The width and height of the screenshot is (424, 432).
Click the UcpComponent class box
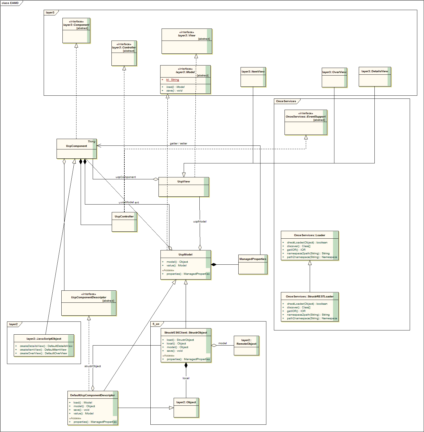(x=76, y=149)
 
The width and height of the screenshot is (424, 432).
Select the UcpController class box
(x=124, y=222)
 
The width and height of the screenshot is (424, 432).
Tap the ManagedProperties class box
(x=253, y=264)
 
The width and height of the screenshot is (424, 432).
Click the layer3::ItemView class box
(x=253, y=77)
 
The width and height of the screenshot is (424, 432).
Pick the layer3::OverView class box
(x=334, y=78)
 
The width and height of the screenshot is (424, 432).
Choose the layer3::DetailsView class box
(x=375, y=77)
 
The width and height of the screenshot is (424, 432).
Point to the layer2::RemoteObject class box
(x=246, y=346)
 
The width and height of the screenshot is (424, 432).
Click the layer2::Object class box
(x=186, y=408)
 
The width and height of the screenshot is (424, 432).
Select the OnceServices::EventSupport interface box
(x=306, y=122)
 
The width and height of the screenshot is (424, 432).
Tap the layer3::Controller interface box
(x=124, y=53)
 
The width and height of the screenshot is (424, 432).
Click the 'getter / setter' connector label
(x=178, y=144)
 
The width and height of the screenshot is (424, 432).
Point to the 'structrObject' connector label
(x=93, y=366)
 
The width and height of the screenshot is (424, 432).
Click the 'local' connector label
(x=186, y=378)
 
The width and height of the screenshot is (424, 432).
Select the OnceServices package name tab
(x=286, y=101)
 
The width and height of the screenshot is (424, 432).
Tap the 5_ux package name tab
(x=156, y=324)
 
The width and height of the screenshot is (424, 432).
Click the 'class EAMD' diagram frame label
(x=10, y=3)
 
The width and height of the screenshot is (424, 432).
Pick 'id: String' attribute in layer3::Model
(x=172, y=80)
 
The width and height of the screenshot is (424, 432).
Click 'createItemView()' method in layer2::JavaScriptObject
(x=43, y=350)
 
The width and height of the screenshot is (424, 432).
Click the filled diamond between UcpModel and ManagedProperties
(x=214, y=264)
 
